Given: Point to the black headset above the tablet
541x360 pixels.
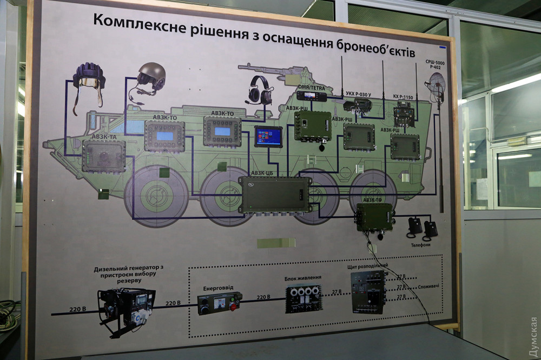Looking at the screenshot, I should coord(260,90).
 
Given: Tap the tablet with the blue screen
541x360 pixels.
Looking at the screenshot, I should coord(269,137).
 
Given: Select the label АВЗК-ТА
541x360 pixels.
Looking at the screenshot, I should coord(104,137).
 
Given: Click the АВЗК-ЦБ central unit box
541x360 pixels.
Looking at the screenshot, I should coord(274,194).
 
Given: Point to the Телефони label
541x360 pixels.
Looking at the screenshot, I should coord(420,244).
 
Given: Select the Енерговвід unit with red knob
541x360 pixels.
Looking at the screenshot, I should coord(219,303).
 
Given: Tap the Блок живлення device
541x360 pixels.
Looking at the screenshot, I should coord(304,298).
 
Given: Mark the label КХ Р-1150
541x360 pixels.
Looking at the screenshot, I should coord(403,97).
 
